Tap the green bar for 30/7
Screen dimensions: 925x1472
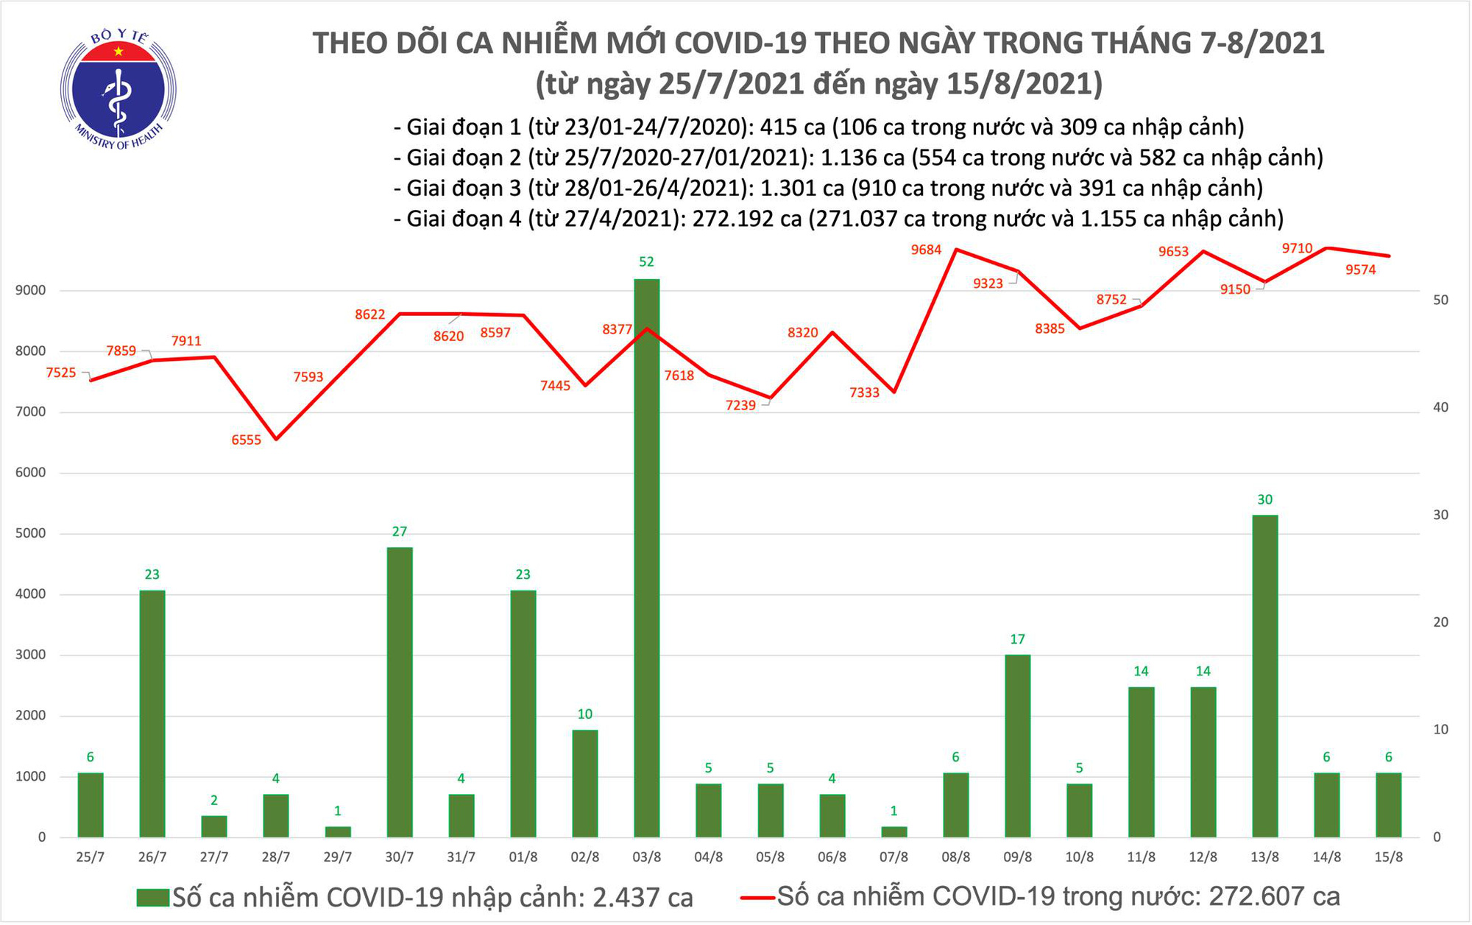click(399, 692)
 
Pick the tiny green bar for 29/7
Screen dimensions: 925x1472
click(338, 831)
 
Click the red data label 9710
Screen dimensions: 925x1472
click(1297, 249)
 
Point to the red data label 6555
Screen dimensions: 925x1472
click(246, 440)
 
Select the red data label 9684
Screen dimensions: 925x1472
click(926, 250)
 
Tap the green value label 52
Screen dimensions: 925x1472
click(646, 262)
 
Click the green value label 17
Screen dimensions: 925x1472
click(1017, 639)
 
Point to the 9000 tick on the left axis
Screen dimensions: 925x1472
click(30, 291)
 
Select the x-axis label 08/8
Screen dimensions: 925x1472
click(955, 858)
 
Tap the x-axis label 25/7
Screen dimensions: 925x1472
click(91, 858)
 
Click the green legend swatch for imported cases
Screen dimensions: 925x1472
click(152, 898)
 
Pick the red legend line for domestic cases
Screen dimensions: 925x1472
click(757, 898)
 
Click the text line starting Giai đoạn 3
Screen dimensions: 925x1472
click(828, 189)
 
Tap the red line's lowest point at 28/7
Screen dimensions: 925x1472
click(276, 440)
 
